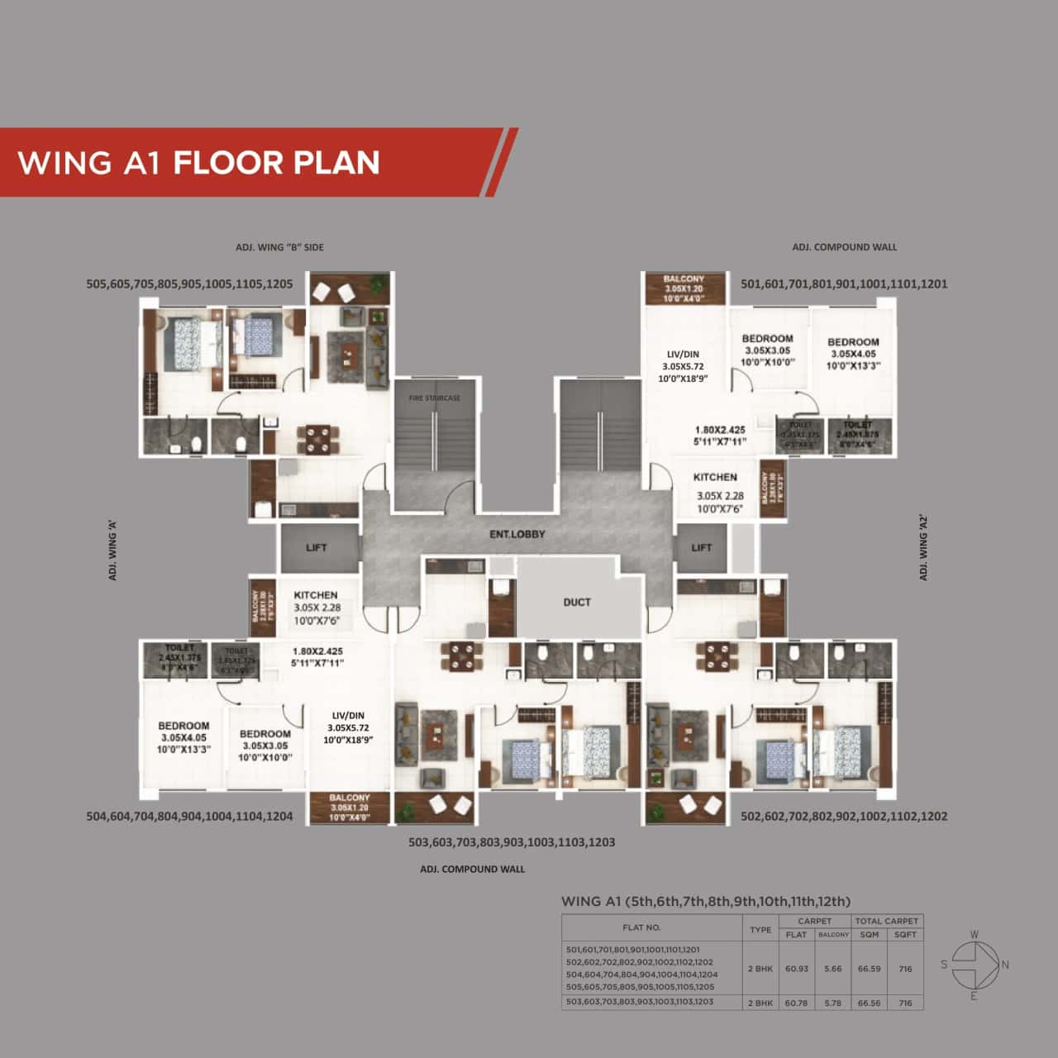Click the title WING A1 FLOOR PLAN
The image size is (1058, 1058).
pos(198,162)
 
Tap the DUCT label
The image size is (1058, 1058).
pos(577,602)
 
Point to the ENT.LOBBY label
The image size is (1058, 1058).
pos(517,534)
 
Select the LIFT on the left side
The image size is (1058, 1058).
pos(317,547)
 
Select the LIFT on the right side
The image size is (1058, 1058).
pos(701,547)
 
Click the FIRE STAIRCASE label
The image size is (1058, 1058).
pos(435,398)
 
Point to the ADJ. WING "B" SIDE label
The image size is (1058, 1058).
pos(279,247)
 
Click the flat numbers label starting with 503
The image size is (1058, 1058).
pos(512,842)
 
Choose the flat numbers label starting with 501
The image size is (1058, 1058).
pos(844,284)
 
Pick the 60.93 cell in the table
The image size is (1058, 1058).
pos(796,968)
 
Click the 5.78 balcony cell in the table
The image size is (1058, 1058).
pos(833,1003)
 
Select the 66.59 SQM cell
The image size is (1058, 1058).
pos(869,968)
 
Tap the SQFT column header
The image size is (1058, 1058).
pos(905,935)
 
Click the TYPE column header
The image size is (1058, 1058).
pos(760,929)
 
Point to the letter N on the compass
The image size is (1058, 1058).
pos(1005,965)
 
